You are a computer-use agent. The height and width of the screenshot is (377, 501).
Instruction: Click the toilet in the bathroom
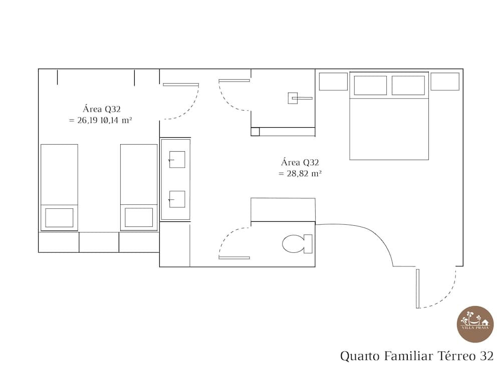(297, 244)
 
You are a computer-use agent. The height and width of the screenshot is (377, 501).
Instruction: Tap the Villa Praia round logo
(475, 324)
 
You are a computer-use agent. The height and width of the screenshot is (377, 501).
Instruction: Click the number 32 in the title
(486, 356)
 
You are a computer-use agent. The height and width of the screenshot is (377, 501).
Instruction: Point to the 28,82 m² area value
(300, 174)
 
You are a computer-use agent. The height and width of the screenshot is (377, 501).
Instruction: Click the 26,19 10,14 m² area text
(101, 120)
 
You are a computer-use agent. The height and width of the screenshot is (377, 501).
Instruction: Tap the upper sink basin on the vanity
(177, 160)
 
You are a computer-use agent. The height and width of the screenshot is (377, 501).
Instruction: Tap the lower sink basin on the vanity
(177, 199)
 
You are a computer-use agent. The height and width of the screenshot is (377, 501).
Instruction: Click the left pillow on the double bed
(370, 85)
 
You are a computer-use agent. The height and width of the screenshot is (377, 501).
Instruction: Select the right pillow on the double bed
(408, 85)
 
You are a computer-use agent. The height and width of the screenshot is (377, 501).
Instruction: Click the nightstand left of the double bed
(333, 82)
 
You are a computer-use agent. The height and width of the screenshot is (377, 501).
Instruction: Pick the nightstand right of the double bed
(445, 82)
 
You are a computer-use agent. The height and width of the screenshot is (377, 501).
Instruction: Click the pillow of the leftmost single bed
(59, 218)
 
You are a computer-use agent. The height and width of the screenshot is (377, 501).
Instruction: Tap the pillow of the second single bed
(139, 218)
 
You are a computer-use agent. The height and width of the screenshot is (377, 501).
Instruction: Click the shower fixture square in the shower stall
(293, 98)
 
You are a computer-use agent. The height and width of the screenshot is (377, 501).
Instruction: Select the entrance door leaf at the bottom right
(418, 288)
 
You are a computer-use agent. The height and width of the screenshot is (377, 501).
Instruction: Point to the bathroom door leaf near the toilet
(234, 258)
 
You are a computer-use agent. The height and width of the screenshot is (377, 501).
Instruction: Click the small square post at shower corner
(255, 132)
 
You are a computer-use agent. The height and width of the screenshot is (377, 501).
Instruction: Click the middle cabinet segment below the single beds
(99, 242)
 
